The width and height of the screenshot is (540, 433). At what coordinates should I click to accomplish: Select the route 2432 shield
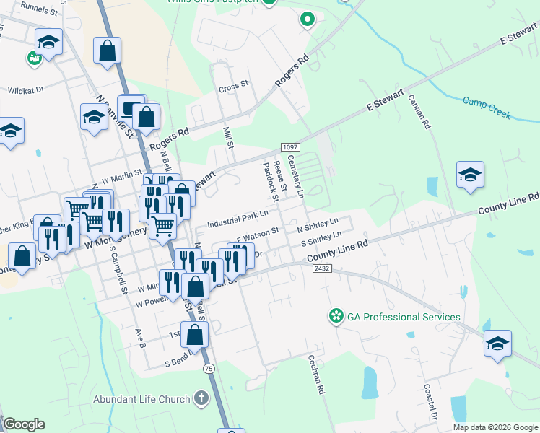point(322,268)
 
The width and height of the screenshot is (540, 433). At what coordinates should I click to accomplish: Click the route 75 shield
point(209,369)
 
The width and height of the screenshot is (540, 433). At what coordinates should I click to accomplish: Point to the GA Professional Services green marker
point(336,316)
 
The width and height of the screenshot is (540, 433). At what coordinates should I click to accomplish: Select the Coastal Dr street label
point(430,403)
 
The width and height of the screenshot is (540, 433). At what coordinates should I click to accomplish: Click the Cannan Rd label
point(419,112)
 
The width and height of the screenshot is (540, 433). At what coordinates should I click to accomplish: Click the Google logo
point(23,424)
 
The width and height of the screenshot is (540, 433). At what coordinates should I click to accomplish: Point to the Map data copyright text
point(495,427)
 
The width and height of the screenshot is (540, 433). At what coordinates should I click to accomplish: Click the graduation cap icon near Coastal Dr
point(497,343)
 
